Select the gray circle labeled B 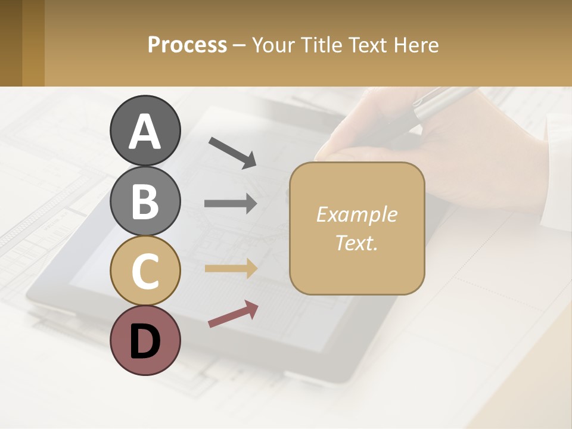pos(145,201)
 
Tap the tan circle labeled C pos(145,271)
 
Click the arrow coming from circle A pos(232,153)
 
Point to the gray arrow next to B pos(231,204)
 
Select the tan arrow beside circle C pos(231,269)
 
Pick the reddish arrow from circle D pos(233,314)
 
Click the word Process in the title pos(187,45)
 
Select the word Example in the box pos(356,214)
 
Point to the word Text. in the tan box pos(356,243)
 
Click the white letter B pos(145,201)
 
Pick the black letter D pos(145,341)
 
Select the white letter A pos(145,131)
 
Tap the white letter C pos(145,271)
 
